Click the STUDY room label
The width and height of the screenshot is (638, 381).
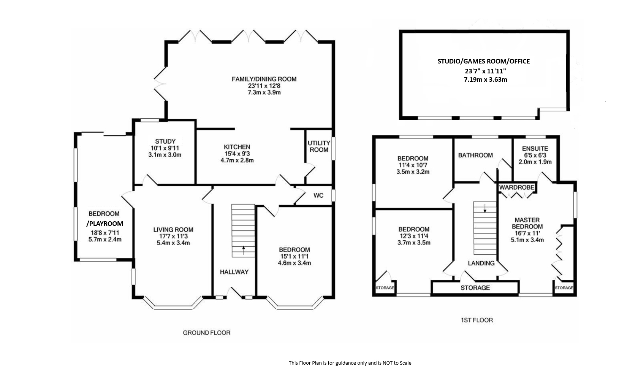(165, 141)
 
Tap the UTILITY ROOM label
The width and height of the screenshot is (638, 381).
(319, 146)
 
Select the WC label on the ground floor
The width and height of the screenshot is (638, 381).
(318, 195)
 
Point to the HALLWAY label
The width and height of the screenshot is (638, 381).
(234, 272)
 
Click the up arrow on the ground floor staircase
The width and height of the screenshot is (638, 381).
(244, 250)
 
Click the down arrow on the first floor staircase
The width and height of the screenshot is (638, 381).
(485, 208)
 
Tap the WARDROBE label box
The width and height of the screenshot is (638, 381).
(517, 187)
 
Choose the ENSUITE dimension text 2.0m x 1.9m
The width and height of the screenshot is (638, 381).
(535, 162)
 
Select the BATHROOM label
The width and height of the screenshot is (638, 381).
(475, 155)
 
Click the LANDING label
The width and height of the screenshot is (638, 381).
(481, 263)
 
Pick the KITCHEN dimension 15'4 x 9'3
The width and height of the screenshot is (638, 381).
(237, 154)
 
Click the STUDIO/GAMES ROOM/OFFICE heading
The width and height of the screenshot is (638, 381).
(484, 61)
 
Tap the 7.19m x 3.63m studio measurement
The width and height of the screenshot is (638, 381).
(486, 80)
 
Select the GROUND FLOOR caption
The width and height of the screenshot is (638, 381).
(206, 333)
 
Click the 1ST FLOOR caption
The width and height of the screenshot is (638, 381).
(477, 320)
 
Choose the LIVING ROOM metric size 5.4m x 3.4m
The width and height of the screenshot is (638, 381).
(173, 243)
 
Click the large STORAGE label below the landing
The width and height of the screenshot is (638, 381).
(475, 288)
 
